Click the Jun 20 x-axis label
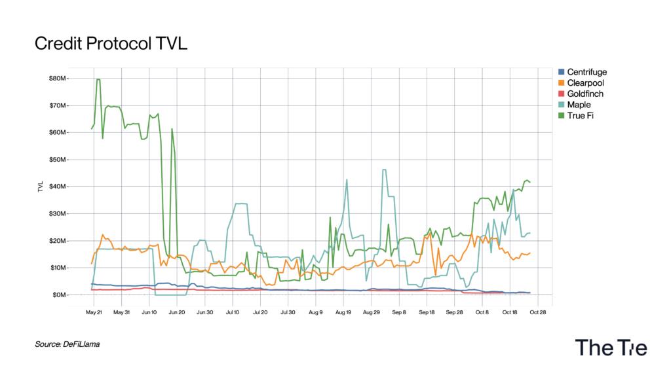(x=177, y=312)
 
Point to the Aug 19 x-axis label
(x=343, y=312)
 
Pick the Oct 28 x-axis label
(x=538, y=312)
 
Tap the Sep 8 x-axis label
(x=399, y=312)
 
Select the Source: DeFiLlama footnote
(x=67, y=344)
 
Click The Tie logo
(x=611, y=348)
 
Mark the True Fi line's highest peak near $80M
(x=98, y=80)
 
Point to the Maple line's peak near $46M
(x=384, y=170)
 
